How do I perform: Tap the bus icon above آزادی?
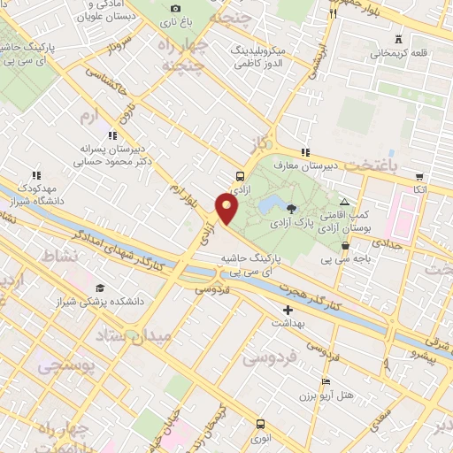coord(241,175)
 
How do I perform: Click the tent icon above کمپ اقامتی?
coord(357,202)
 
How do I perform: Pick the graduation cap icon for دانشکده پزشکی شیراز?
coord(100,288)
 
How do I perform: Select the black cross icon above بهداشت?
coord(288,310)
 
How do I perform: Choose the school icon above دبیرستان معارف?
coord(305,152)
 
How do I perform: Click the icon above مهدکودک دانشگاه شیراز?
coord(36,175)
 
